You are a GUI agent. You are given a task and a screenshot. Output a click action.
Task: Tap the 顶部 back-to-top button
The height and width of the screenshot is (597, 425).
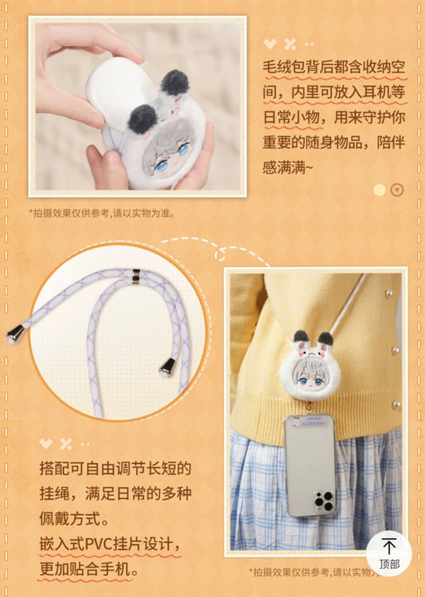pyautogui.click(x=389, y=553)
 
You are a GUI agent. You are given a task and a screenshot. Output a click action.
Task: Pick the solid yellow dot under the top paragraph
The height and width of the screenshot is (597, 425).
pyautogui.click(x=380, y=190)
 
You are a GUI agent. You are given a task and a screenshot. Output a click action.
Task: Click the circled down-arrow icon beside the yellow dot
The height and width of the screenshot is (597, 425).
pyautogui.click(x=397, y=190)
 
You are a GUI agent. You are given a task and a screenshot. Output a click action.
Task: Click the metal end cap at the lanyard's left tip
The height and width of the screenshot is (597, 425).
pyautogui.click(x=15, y=334)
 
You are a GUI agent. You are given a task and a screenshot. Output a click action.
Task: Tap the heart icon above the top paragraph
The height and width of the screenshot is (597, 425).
pyautogui.click(x=271, y=44)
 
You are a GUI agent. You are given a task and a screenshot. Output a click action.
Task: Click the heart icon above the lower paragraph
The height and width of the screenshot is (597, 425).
pyautogui.click(x=46, y=443)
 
